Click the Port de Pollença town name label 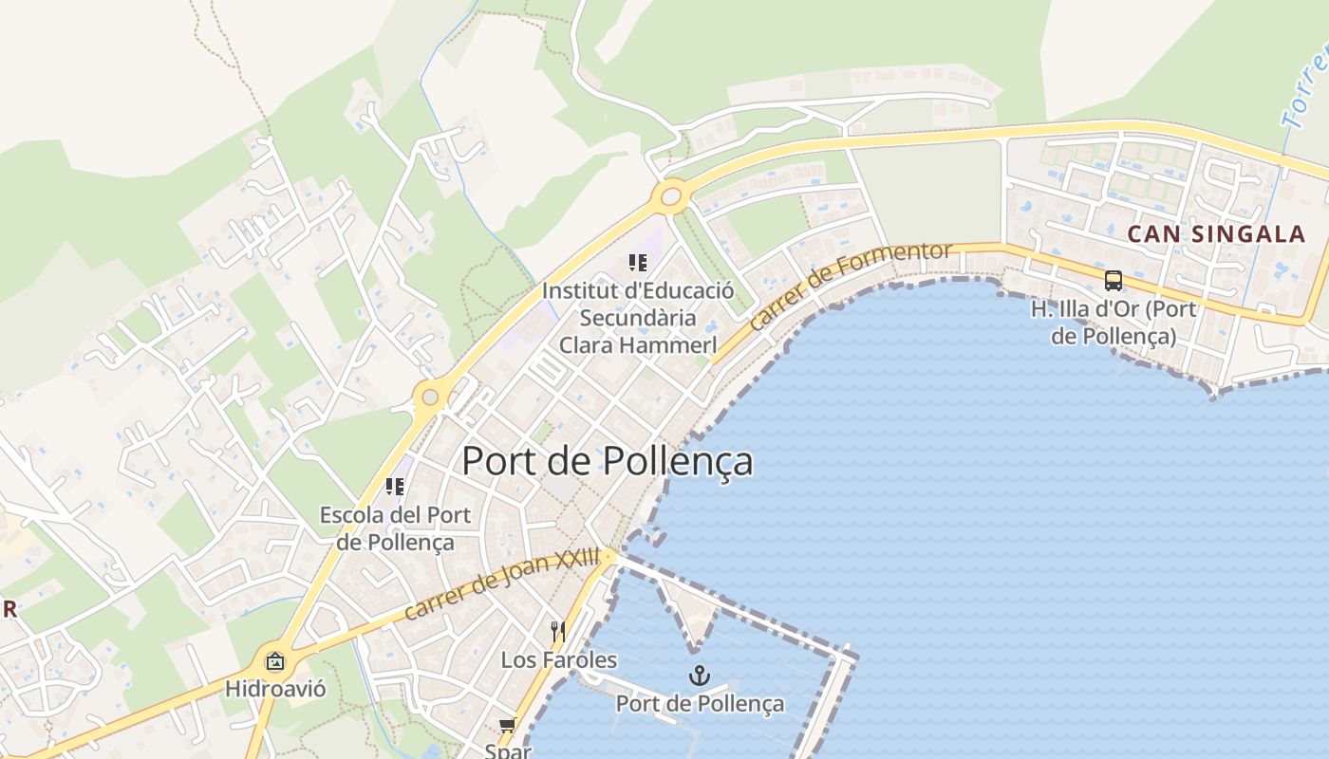608,461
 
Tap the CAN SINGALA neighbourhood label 1216,234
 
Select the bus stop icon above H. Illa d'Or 1114,281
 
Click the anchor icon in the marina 700,676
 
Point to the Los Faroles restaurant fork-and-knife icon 558,632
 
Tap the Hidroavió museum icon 275,661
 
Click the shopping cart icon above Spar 508,726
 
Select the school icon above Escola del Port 395,487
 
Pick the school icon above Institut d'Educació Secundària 638,263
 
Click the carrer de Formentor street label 850,285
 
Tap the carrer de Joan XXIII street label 502,584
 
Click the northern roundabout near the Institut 671,197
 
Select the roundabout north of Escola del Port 430,397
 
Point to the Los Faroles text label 558,659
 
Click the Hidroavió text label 275,689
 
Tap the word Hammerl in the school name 674,344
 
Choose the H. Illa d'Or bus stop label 1114,322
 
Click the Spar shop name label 508,750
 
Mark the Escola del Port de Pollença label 395,528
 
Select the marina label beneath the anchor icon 700,703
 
